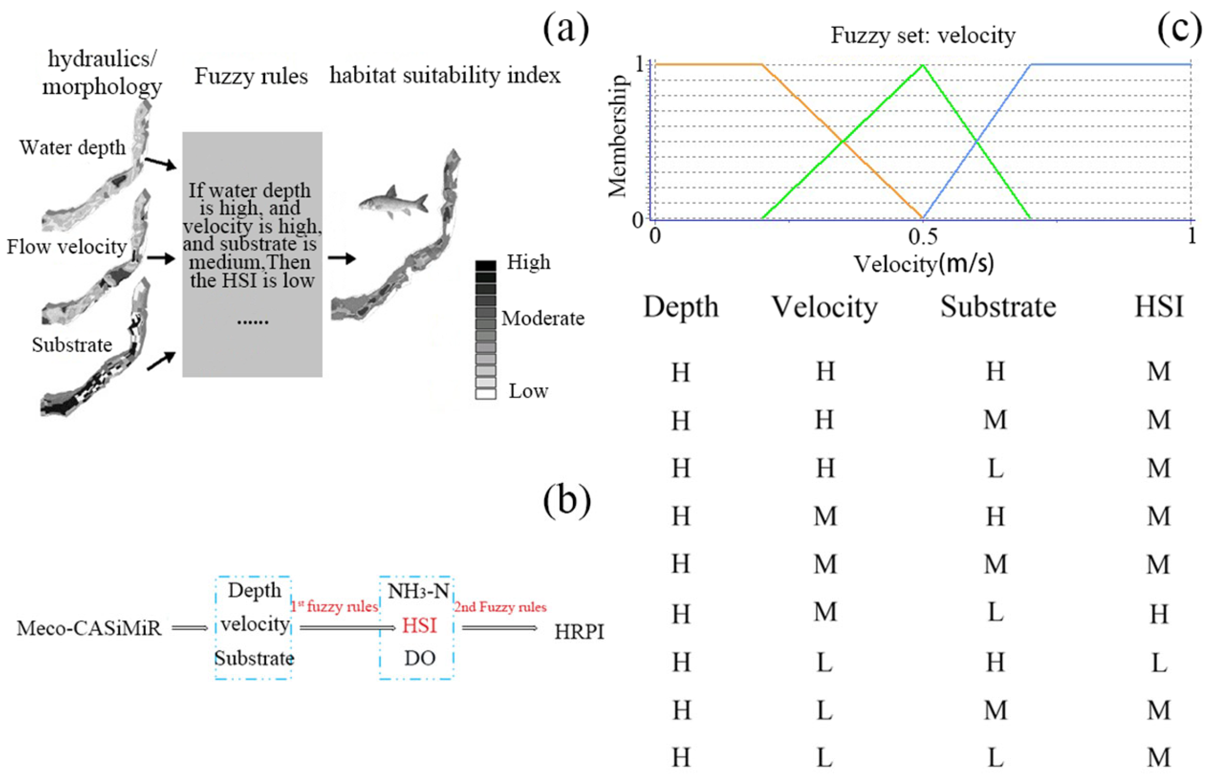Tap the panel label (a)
coord(565,29)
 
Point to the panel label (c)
coord(1179,29)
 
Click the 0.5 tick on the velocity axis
coord(922,237)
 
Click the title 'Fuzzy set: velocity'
coord(922,36)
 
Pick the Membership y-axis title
coord(617,136)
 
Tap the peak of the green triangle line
coord(922,65)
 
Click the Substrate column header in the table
coord(998,307)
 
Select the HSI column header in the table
coord(1159,307)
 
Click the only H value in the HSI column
coord(1159,614)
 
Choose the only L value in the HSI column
coord(1159,662)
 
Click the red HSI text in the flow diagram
coord(419,626)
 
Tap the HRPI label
coord(579,632)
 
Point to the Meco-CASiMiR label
coord(89,629)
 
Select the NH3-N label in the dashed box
coord(418,591)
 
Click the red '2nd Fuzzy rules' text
coord(500,607)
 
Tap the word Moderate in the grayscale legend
coord(543,318)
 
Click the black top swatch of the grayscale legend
coord(485,266)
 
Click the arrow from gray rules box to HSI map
coord(341,258)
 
